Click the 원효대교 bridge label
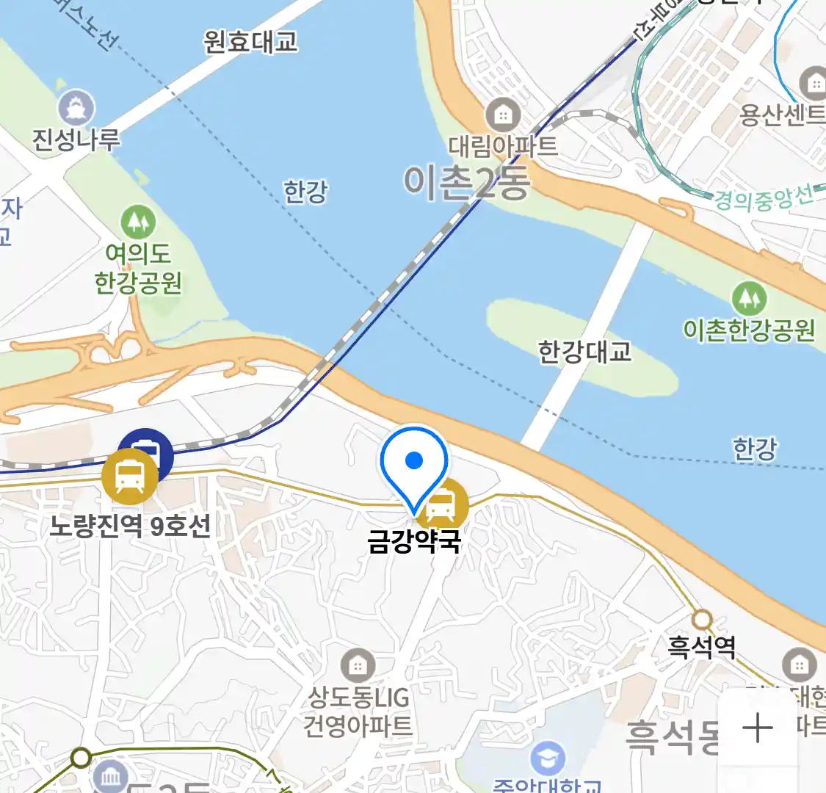pos(250,42)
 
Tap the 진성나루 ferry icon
pos(76,108)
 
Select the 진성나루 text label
pos(76,140)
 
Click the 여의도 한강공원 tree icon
pos(137,221)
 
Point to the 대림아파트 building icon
pos(503,115)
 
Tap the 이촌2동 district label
pos(465,182)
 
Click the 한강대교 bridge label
pos(584,352)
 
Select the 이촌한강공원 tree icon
pos(749,298)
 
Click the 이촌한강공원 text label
pos(749,330)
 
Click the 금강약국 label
pos(414,541)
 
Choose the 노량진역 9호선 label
pos(130,526)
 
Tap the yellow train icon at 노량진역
pos(130,477)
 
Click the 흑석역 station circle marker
pos(703,619)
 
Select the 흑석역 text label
pos(701,647)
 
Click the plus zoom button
pos(758,728)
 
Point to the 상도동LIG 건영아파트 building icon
pos(358,666)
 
